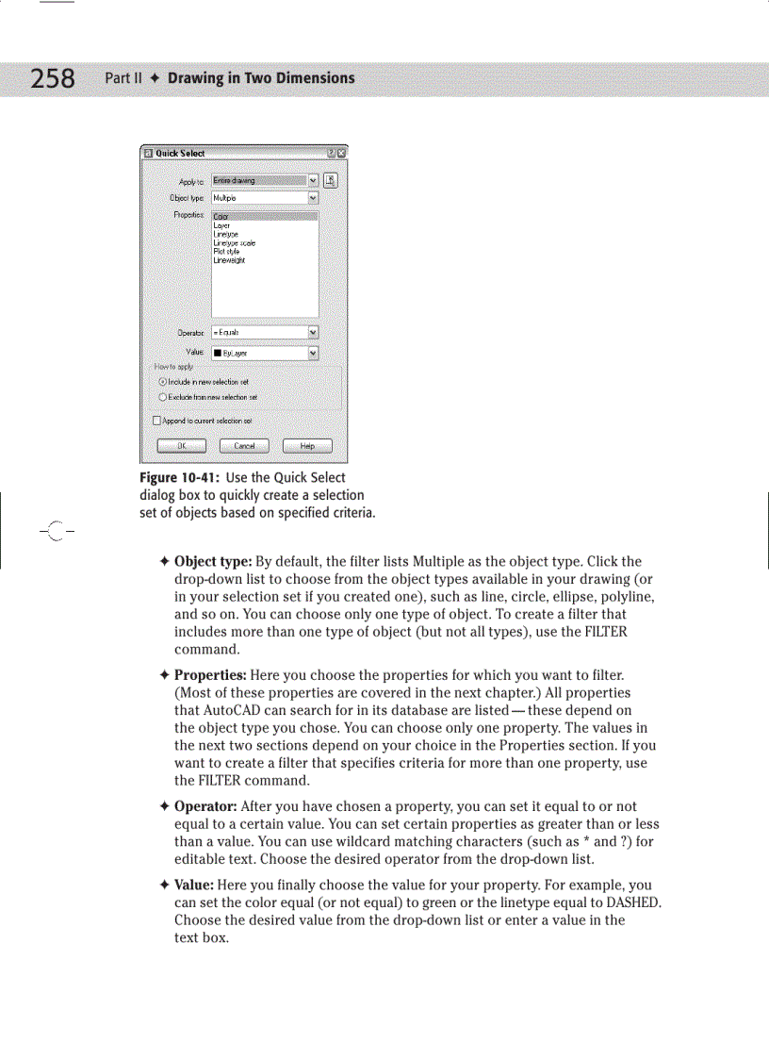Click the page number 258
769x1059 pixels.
[53, 78]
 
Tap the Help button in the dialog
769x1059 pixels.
[307, 446]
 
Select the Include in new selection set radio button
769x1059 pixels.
[162, 382]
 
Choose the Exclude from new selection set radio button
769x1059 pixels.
[162, 397]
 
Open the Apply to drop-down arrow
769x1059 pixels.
[313, 180]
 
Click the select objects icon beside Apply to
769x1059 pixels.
[331, 180]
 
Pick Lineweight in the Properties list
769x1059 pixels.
[229, 260]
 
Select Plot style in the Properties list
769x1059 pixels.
[226, 252]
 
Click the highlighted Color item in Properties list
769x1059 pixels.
[221, 217]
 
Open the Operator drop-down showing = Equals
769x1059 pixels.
[313, 332]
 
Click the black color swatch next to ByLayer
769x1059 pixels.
[217, 354]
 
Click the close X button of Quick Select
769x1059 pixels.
[341, 153]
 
